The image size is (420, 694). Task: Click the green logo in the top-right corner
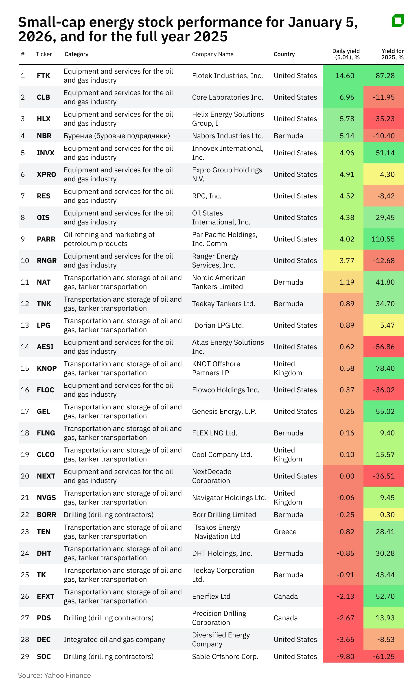(398, 21)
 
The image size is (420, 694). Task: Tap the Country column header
(284, 54)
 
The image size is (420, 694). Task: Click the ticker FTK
(43, 76)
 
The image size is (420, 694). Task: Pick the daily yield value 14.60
(345, 76)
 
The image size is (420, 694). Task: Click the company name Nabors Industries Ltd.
(227, 136)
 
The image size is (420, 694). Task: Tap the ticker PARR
(46, 239)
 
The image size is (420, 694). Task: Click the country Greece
(285, 532)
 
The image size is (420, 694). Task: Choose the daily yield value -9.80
(346, 657)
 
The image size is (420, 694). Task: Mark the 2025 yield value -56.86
(384, 347)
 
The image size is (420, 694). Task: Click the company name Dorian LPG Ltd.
(219, 325)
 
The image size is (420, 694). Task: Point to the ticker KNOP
(47, 368)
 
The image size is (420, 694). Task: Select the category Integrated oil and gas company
(114, 639)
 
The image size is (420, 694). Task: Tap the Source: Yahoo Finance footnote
(54, 675)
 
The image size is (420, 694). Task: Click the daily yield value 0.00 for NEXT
(347, 476)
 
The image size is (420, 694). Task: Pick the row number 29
(25, 657)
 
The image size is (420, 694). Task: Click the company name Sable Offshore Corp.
(225, 657)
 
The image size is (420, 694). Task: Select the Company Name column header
(212, 54)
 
